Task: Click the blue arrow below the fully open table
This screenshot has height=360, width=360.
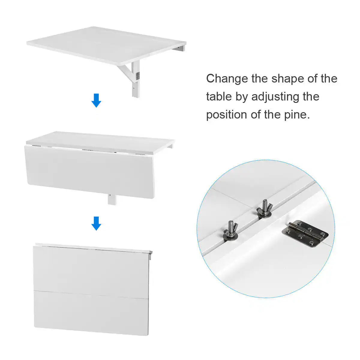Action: (96, 100)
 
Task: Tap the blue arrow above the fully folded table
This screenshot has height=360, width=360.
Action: (96, 223)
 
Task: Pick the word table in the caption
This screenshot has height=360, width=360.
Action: (219, 97)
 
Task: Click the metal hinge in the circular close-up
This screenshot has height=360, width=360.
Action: (305, 234)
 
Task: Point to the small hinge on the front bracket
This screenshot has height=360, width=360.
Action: (138, 76)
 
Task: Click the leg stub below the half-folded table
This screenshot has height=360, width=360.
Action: (112, 199)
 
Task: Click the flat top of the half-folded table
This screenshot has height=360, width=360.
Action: (99, 140)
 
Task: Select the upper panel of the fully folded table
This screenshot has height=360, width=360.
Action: (91, 270)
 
